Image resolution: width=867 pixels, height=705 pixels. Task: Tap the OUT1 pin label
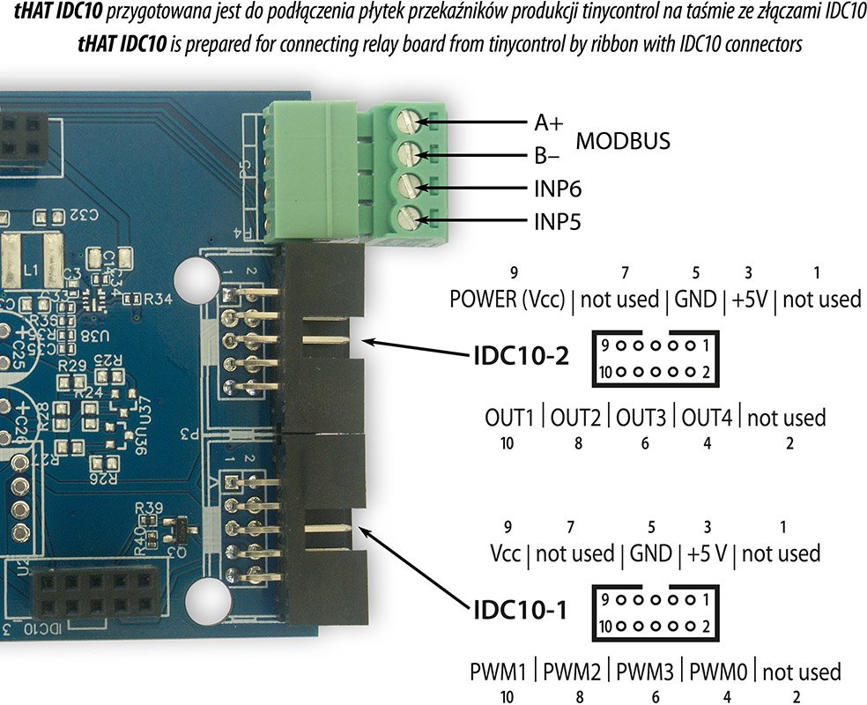tap(510, 417)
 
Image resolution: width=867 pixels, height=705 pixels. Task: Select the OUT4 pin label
tap(707, 417)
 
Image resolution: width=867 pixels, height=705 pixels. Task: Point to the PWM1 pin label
tap(501, 672)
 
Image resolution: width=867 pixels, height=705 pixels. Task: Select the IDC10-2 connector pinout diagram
tap(654, 359)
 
